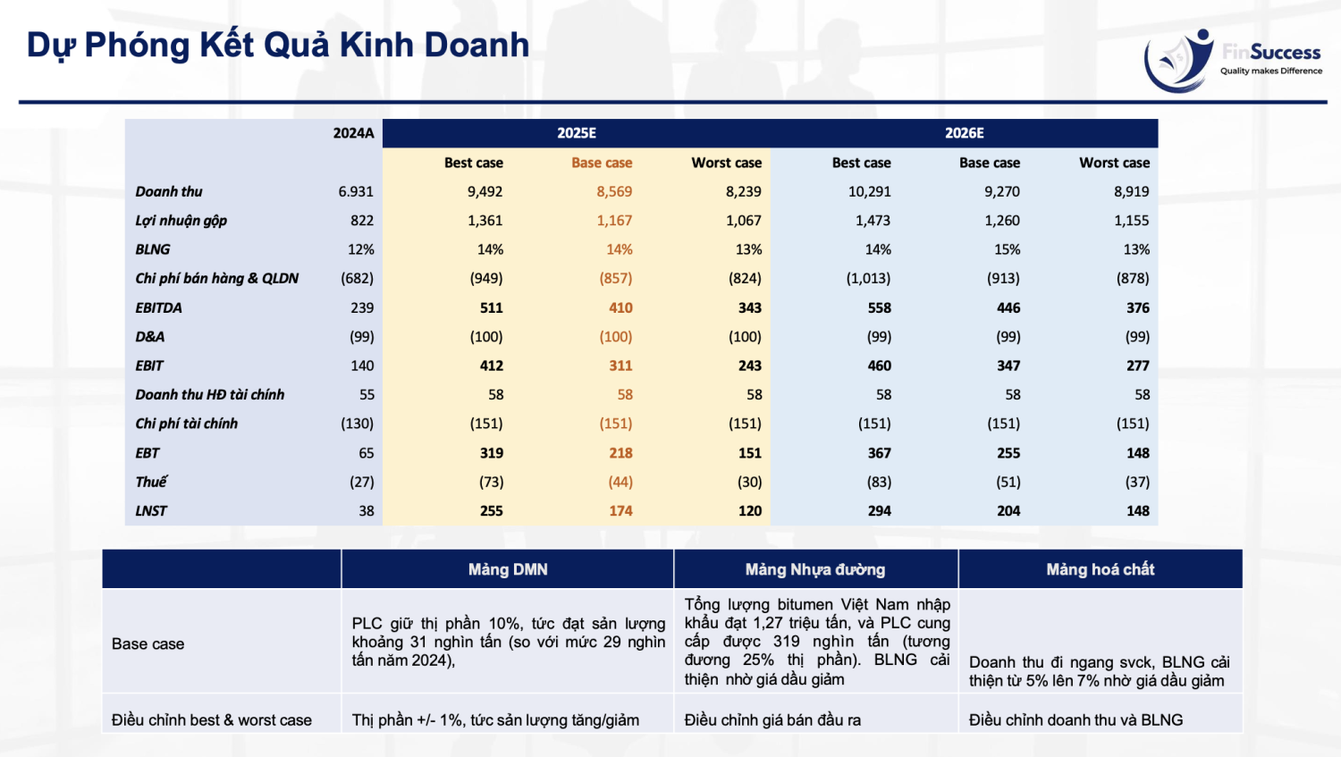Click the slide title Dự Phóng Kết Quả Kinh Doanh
(278, 45)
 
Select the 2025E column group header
(577, 133)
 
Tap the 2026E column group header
(964, 133)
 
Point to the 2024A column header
(353, 133)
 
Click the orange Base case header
(602, 163)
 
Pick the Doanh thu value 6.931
(356, 191)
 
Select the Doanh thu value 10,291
(869, 191)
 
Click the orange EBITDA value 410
(620, 307)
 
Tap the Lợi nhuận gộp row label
(181, 221)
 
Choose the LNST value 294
(879, 511)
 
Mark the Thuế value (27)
(361, 482)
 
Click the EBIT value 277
(1137, 366)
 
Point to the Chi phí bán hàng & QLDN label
(217, 279)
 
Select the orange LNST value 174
(620, 511)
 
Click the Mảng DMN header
(508, 569)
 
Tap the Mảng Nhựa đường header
(815, 569)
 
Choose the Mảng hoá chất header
(1100, 569)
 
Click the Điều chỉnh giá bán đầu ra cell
(772, 720)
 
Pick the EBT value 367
(879, 453)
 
